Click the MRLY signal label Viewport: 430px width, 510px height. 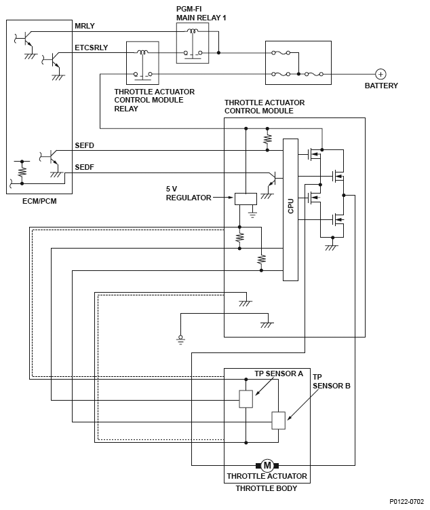[x=84, y=26]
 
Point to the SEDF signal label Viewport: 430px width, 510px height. [x=84, y=168]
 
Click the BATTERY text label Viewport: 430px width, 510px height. [x=381, y=86]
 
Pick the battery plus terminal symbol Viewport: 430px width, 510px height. [x=381, y=73]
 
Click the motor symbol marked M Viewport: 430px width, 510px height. [x=267, y=465]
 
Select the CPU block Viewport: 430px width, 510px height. [x=290, y=209]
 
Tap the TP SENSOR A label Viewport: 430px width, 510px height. [x=279, y=374]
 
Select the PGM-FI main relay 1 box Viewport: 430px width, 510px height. [x=193, y=42]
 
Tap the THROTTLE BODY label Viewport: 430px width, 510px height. [x=267, y=488]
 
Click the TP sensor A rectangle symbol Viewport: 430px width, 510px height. [x=246, y=399]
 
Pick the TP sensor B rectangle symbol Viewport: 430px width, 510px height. [x=279, y=420]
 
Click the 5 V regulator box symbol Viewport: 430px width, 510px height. [x=246, y=198]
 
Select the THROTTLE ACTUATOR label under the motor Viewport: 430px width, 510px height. [x=267, y=476]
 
